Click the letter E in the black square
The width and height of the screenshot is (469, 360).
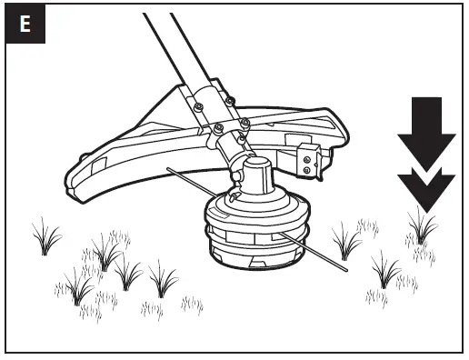point(25,25)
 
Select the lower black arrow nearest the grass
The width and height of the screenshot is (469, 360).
point(425,186)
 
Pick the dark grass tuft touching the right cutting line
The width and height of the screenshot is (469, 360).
point(344,241)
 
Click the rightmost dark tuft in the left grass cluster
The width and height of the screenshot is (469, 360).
point(164,277)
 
